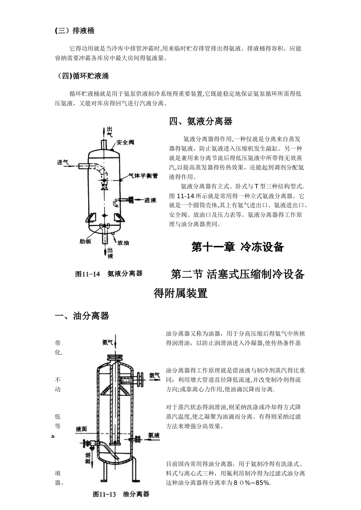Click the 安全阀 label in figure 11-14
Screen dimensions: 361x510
(x=125, y=143)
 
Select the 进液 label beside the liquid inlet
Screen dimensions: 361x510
(x=150, y=200)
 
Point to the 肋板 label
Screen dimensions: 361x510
(x=85, y=241)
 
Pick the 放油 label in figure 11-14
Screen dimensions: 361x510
(x=123, y=242)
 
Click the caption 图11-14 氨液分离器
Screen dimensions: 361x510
(x=109, y=274)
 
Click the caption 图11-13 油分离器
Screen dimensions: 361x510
(x=121, y=494)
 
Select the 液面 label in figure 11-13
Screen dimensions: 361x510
(x=81, y=429)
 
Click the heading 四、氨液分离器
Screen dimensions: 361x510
(x=200, y=121)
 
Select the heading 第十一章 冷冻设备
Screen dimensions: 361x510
(x=237, y=247)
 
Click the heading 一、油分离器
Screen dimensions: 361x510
(x=82, y=316)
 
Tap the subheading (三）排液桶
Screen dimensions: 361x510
(x=74, y=31)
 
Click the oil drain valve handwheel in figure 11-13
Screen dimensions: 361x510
(x=86, y=443)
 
